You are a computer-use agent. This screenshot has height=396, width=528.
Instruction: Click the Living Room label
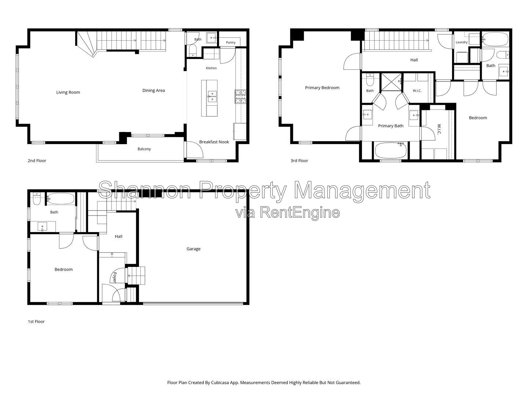[68, 92]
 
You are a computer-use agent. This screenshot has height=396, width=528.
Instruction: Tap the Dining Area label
[154, 91]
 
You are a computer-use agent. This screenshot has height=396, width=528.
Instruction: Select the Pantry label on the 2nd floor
[230, 43]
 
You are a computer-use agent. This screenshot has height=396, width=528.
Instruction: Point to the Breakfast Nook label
[214, 142]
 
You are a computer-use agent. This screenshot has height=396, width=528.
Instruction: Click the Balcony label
[144, 149]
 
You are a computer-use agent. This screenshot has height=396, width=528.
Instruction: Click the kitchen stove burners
[241, 96]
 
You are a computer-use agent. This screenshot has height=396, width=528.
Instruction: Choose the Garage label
[193, 249]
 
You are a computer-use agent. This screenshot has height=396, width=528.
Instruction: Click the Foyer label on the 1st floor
[114, 277]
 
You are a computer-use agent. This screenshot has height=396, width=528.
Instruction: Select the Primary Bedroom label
[322, 88]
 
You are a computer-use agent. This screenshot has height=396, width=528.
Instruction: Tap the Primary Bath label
[390, 126]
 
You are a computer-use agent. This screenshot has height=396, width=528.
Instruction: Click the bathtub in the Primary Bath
[391, 150]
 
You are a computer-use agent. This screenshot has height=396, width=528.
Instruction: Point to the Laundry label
[461, 42]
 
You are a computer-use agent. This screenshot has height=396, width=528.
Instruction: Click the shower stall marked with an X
[392, 82]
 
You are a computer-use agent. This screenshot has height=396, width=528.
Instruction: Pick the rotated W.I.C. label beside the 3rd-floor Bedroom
[439, 129]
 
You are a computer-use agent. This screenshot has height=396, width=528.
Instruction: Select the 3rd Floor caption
[299, 161]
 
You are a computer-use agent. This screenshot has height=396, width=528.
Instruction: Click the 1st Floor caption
[36, 322]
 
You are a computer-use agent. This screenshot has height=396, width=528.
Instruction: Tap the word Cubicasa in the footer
[220, 382]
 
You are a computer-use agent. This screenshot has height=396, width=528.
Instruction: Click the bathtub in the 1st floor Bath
[60, 199]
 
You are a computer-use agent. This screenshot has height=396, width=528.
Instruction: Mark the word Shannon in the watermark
[145, 190]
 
